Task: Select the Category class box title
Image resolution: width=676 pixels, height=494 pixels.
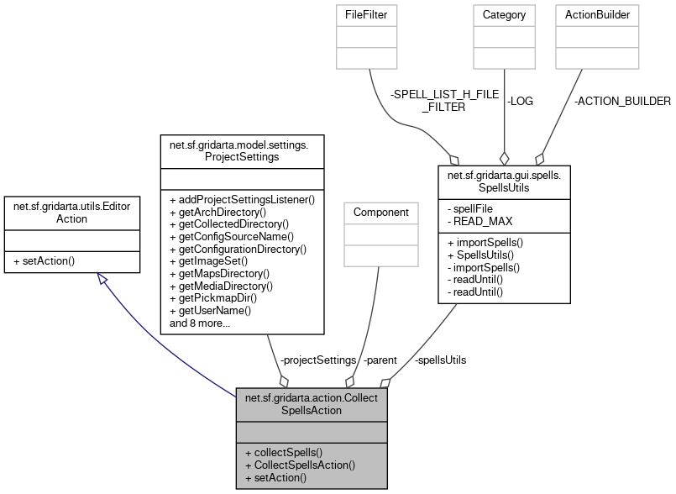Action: click(x=504, y=14)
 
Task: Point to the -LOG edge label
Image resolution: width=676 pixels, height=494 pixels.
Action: click(x=519, y=101)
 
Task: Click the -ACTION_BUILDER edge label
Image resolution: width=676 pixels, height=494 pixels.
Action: click(x=621, y=101)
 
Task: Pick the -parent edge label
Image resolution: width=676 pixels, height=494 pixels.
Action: click(x=380, y=360)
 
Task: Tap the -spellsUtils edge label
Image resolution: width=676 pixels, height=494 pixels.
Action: click(x=441, y=360)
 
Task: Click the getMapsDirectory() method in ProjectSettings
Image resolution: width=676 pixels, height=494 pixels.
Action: click(x=219, y=274)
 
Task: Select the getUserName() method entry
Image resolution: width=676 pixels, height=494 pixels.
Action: click(x=210, y=310)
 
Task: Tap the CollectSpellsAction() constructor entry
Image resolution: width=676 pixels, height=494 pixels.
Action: click(x=300, y=465)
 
